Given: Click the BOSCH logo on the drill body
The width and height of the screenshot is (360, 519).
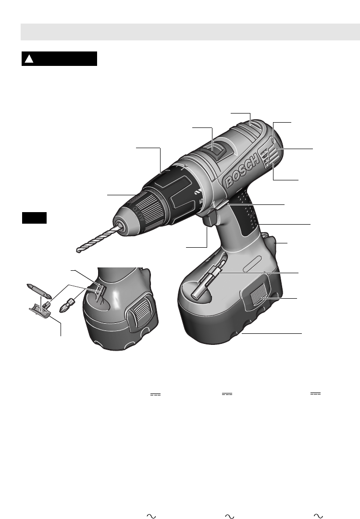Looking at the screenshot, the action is coord(242,171).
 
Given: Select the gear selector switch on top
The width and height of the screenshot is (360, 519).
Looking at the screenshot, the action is coord(218,151).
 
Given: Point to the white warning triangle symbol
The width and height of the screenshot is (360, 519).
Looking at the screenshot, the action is coord(29,59).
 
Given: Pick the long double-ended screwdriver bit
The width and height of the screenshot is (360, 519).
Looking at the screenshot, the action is coord(39,290).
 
